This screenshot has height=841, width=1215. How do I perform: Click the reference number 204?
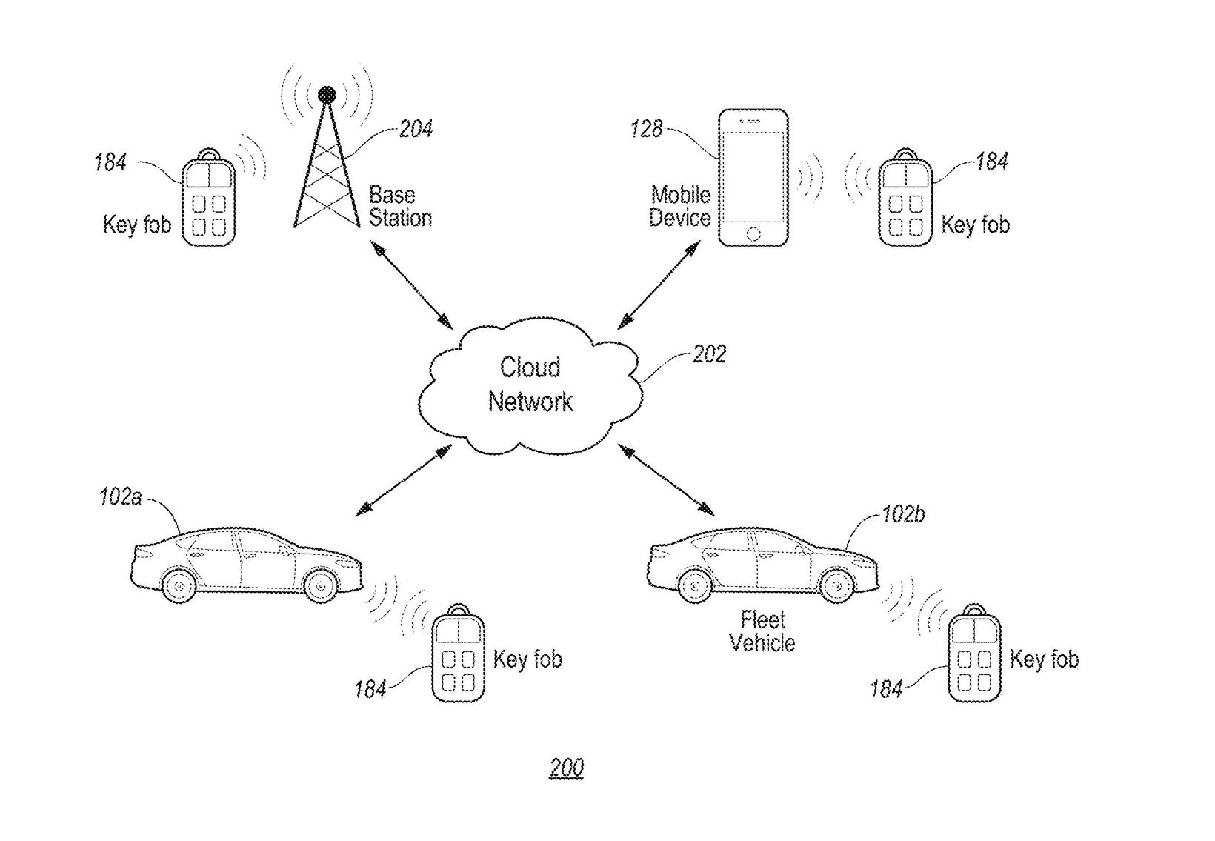[416, 129]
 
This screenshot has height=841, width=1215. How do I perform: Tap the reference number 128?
[647, 129]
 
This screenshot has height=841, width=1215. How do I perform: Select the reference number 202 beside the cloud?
[710, 354]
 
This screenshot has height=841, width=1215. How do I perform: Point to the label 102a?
[121, 497]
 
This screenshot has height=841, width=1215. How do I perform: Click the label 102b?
[903, 513]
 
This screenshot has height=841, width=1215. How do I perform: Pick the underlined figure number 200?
[566, 768]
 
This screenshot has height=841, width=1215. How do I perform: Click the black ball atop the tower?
[327, 95]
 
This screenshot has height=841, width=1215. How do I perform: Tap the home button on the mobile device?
[753, 234]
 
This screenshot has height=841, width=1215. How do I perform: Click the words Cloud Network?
[530, 385]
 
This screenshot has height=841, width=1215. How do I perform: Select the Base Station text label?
[400, 206]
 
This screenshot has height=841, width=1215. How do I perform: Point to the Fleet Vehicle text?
[762, 631]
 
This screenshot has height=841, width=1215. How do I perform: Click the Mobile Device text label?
[680, 206]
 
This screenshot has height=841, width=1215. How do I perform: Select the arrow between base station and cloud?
[411, 285]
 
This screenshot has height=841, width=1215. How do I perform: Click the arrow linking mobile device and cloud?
[659, 285]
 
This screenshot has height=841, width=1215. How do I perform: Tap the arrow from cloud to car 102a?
[404, 480]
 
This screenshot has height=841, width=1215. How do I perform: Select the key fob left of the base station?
[208, 198]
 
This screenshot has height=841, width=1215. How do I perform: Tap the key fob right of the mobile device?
[905, 198]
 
